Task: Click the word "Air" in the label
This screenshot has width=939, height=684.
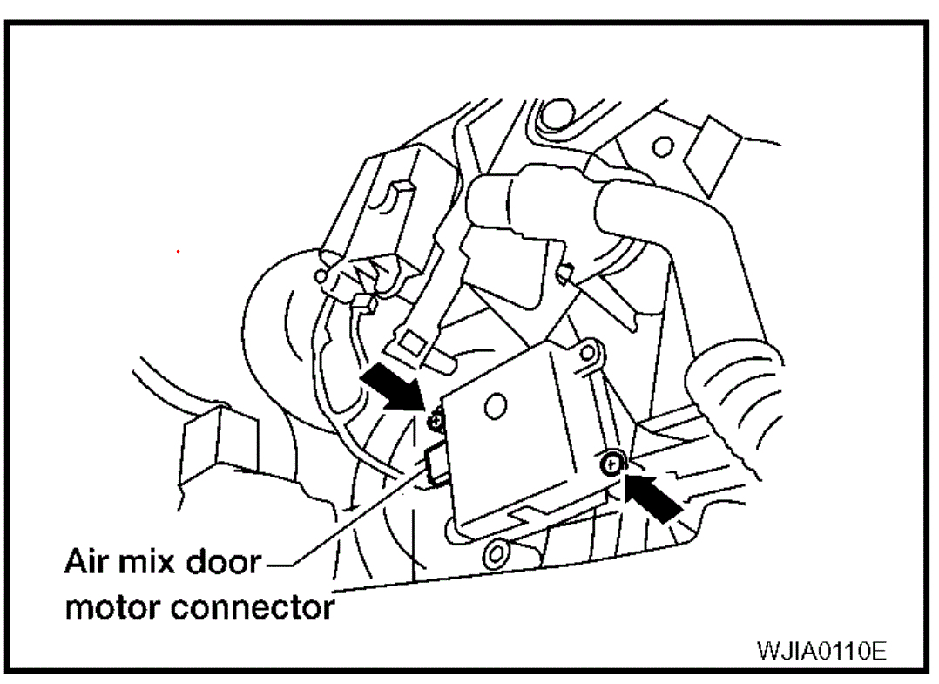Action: coord(87,563)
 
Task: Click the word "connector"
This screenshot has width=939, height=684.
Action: coord(253,606)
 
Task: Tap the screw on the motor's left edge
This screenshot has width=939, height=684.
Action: coord(436,422)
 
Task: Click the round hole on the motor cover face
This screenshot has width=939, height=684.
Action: coord(494,404)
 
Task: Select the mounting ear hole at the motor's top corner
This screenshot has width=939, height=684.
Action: coord(590,353)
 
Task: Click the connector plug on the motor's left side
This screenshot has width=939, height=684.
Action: coord(436,462)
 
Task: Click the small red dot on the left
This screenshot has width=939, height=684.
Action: coord(179,252)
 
